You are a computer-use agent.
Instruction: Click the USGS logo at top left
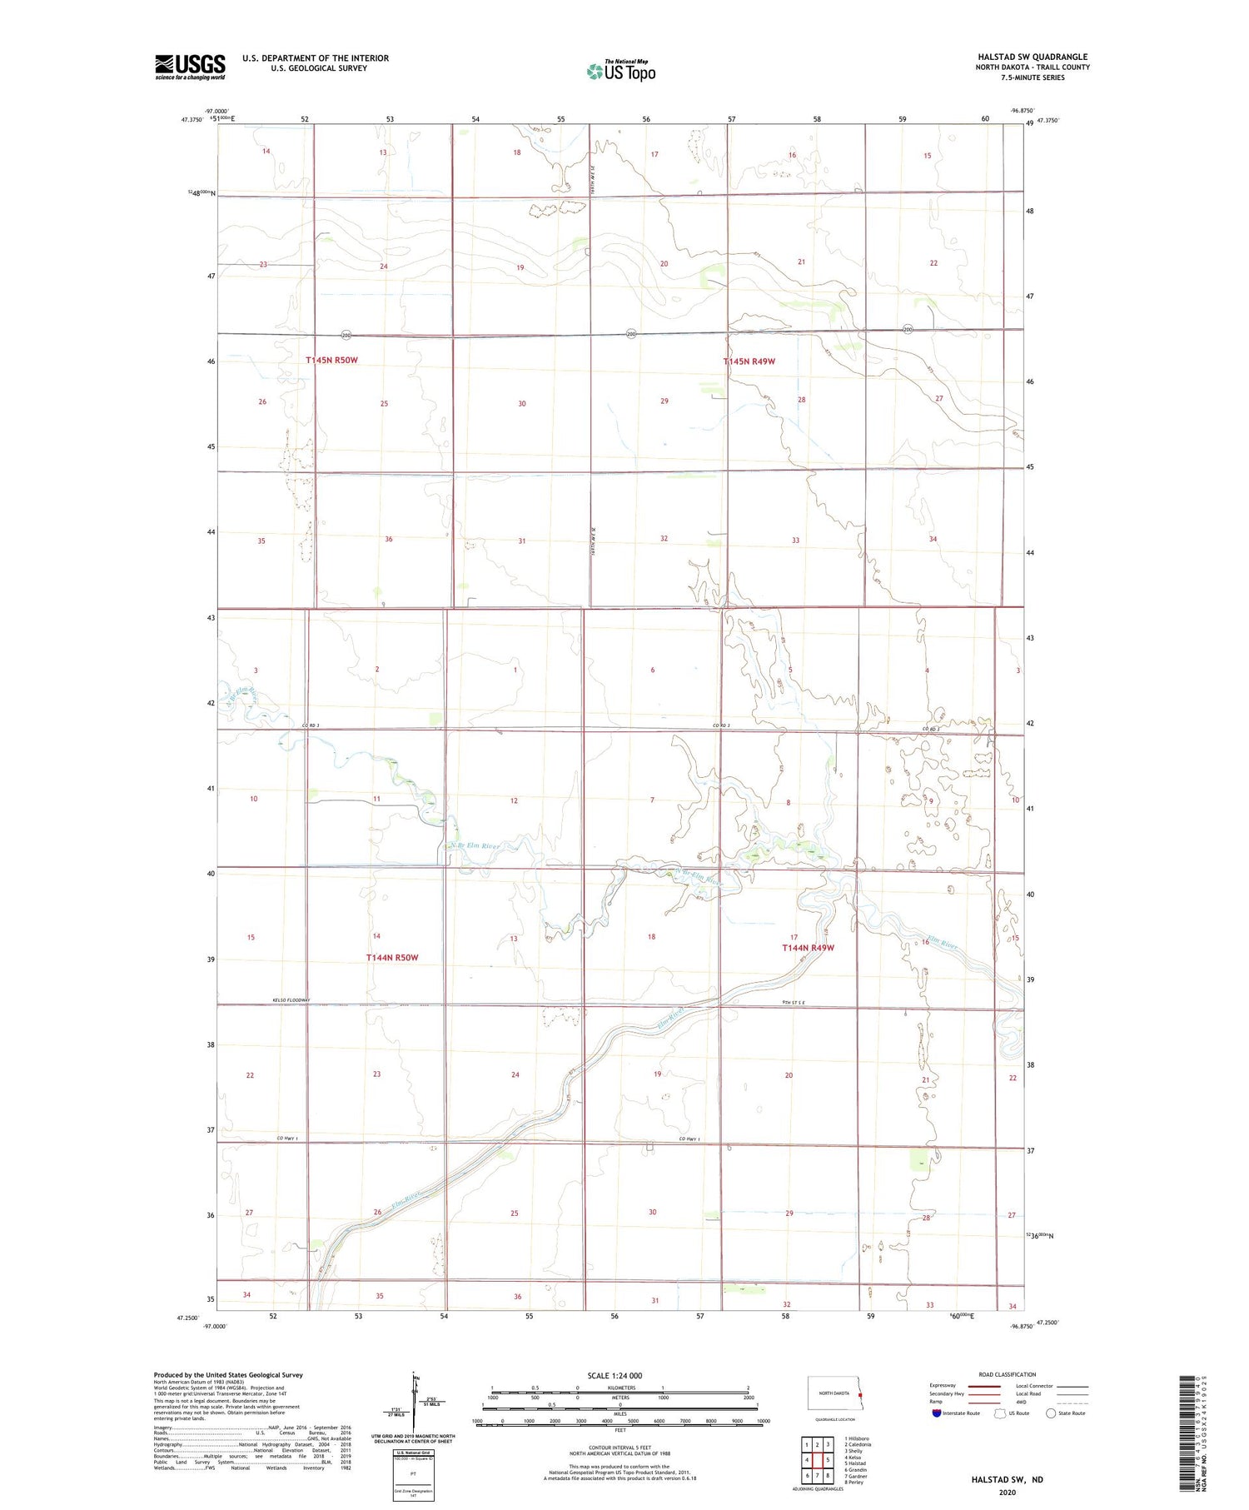190,67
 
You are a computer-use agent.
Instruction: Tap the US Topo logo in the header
620,72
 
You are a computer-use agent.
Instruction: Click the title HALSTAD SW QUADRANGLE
1033,57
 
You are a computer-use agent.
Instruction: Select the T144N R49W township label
808,948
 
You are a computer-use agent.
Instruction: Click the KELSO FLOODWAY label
291,1000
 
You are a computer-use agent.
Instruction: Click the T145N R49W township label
749,361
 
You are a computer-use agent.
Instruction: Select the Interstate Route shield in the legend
937,1413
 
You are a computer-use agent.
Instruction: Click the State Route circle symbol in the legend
1051,1413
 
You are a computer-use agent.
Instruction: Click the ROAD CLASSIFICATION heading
1008,1374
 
